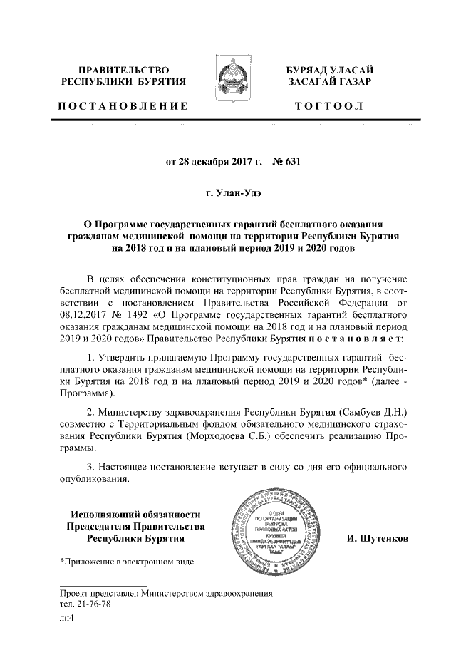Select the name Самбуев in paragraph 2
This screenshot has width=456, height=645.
click(347, 413)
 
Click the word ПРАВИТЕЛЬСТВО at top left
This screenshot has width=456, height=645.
click(123, 71)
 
